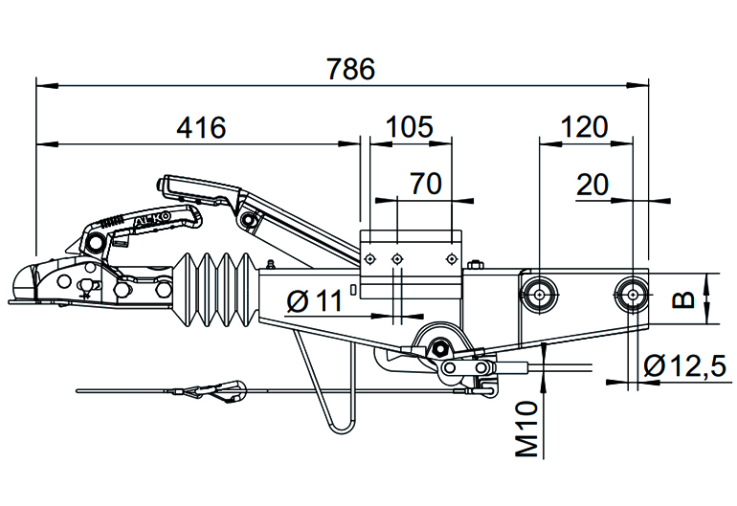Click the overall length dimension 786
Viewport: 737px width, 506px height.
click(350, 69)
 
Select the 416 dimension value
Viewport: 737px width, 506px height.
click(201, 127)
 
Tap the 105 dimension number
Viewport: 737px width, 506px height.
click(409, 127)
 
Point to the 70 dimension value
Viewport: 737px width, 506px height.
click(426, 184)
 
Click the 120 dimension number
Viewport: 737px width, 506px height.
click(584, 127)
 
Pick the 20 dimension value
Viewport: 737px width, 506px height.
click(592, 185)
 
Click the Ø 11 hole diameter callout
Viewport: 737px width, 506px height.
click(315, 300)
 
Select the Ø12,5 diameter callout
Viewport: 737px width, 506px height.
click(684, 365)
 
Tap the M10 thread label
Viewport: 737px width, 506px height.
click(526, 429)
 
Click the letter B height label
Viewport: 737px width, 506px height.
click(683, 299)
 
